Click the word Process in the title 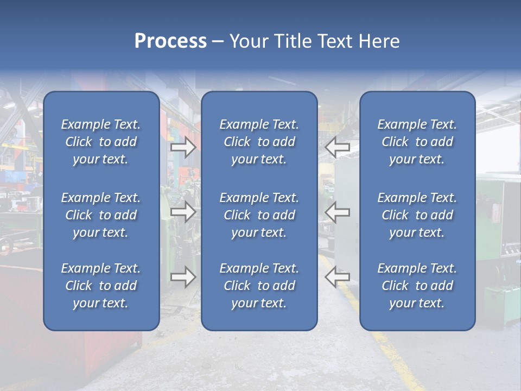point(170,41)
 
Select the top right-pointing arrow point(183,147)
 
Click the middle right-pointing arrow point(183,212)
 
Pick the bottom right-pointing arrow point(183,277)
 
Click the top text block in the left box point(101,142)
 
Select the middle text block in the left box point(101,215)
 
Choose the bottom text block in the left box point(101,286)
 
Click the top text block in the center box point(259,142)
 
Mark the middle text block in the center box point(259,215)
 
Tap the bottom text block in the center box point(259,286)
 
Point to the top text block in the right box point(417,142)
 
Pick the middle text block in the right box point(417,215)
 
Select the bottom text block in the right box point(417,286)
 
